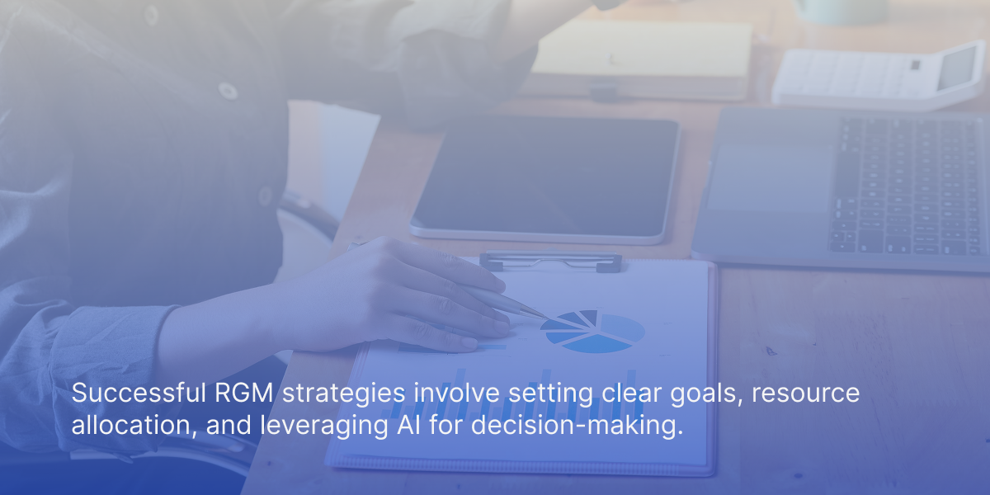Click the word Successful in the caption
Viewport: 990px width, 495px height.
click(139, 393)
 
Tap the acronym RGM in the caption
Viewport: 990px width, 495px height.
click(243, 393)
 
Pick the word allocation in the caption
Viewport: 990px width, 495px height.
click(134, 425)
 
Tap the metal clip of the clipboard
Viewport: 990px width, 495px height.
click(550, 261)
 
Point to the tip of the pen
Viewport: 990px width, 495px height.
click(547, 318)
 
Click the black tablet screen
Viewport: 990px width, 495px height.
click(546, 177)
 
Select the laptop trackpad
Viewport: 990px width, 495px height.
click(768, 177)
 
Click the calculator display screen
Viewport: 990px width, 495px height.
click(957, 68)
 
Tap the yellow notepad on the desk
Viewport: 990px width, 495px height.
click(641, 49)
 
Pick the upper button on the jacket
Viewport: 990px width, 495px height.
click(228, 91)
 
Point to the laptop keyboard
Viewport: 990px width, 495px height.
click(906, 186)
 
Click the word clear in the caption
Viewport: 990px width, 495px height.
click(631, 393)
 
